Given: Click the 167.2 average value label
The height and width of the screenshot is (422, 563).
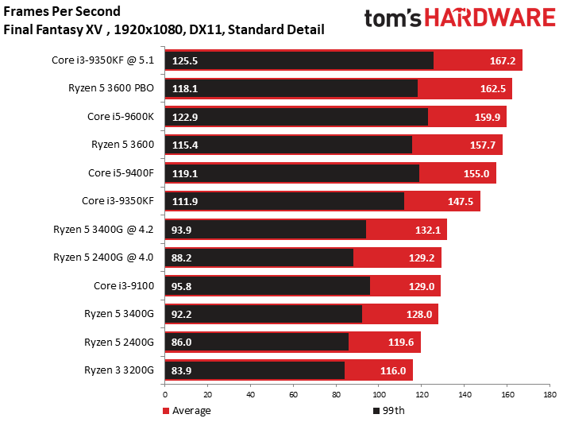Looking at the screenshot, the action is [x=503, y=60].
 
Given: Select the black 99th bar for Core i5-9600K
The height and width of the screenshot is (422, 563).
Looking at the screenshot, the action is [x=296, y=117].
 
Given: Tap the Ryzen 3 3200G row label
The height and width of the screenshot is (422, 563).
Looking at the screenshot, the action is [x=119, y=370].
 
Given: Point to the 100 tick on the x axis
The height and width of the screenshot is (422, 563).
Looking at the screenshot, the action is [x=379, y=395].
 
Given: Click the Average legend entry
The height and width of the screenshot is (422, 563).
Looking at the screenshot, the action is [x=187, y=411].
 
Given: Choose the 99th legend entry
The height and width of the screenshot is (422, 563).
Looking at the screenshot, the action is [x=389, y=411].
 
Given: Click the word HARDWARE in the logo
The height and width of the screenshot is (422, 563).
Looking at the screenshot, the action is [x=490, y=18].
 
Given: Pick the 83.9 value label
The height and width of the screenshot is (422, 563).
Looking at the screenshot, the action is [x=181, y=370].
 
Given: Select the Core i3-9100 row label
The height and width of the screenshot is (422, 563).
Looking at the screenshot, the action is [x=124, y=286].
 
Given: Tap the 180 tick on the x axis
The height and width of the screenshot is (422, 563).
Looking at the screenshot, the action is [x=550, y=395].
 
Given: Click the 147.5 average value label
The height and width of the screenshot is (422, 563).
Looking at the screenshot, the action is [x=461, y=201].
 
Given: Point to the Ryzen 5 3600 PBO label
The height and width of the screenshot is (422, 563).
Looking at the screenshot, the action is [x=111, y=88].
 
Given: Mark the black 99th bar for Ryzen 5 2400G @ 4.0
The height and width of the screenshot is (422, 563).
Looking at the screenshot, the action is [x=259, y=257].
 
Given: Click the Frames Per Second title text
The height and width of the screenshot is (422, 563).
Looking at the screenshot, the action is [x=62, y=11].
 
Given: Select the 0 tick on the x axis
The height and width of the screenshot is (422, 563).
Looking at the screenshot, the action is [x=165, y=395].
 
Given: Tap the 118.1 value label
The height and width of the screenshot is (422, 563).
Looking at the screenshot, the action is [x=184, y=89].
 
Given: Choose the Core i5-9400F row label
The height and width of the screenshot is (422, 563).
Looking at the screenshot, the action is [x=121, y=173].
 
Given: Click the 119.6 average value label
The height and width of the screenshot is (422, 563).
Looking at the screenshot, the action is [x=401, y=343].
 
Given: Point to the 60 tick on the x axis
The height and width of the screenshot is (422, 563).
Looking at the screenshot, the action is [x=293, y=395].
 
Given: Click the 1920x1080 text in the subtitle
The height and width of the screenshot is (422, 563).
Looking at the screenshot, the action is [x=148, y=29].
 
